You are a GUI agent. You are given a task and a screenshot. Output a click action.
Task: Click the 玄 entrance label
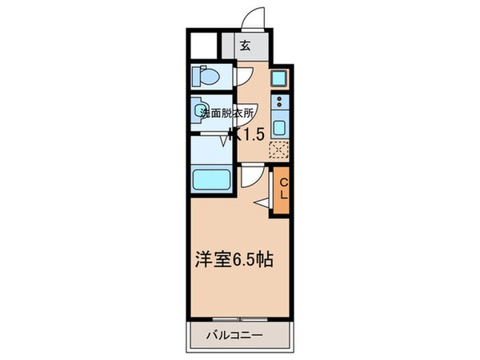click(246, 46)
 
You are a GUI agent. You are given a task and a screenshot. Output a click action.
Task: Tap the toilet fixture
click(207, 78)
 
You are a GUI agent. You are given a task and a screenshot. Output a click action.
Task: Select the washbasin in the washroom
click(201, 110)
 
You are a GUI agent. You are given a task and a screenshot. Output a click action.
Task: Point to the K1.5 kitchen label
click(249, 134)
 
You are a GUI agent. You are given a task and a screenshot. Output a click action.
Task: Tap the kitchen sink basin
click(279, 126)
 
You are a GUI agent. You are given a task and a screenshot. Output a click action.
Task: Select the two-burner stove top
click(279, 102)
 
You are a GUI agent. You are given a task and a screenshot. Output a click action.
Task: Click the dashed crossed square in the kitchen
click(279, 149)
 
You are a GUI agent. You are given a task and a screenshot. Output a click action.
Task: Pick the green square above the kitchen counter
click(279, 78)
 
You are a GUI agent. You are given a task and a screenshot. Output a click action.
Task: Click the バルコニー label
click(238, 334)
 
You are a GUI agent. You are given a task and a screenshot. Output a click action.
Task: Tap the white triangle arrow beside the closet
click(263, 204)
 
